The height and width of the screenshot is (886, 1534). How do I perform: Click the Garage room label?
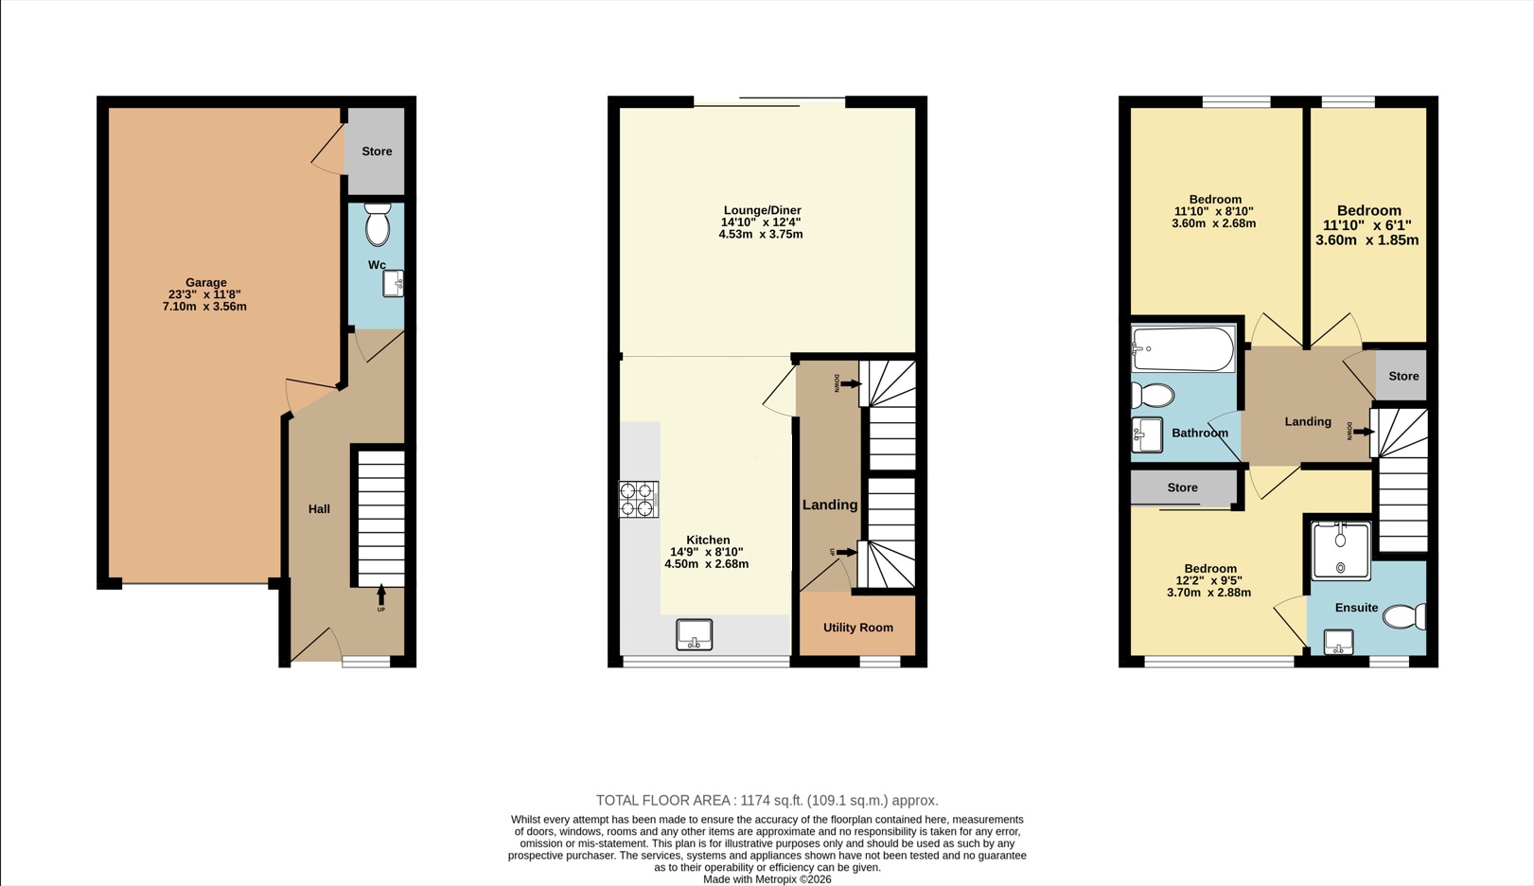click(x=206, y=282)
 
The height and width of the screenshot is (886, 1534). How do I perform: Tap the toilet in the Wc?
click(x=378, y=224)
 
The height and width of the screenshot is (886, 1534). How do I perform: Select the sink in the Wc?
click(x=393, y=283)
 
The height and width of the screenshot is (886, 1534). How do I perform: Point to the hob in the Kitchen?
click(x=639, y=499)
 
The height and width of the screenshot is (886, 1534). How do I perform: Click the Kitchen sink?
click(x=695, y=634)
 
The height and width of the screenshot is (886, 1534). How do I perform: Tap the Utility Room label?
click(x=858, y=628)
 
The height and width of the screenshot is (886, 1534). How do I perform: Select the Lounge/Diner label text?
click(x=762, y=210)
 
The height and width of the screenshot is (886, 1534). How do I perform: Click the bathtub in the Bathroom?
click(x=1183, y=348)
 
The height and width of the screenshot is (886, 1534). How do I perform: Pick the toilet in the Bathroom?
click(x=1153, y=396)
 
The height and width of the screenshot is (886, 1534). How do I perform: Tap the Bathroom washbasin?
click(x=1147, y=435)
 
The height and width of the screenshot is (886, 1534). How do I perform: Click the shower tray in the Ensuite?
click(x=1341, y=551)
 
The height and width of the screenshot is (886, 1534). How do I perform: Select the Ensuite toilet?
click(x=1404, y=616)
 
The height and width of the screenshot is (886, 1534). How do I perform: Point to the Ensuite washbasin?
click(x=1339, y=642)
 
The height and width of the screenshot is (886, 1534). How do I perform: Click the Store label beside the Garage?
click(x=378, y=151)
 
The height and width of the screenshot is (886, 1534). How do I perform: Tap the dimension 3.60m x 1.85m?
click(x=1366, y=240)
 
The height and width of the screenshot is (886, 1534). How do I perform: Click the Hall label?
click(x=319, y=509)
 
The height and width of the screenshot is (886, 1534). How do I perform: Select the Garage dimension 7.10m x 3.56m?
click(x=204, y=307)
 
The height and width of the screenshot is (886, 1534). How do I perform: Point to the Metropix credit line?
click(x=767, y=879)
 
